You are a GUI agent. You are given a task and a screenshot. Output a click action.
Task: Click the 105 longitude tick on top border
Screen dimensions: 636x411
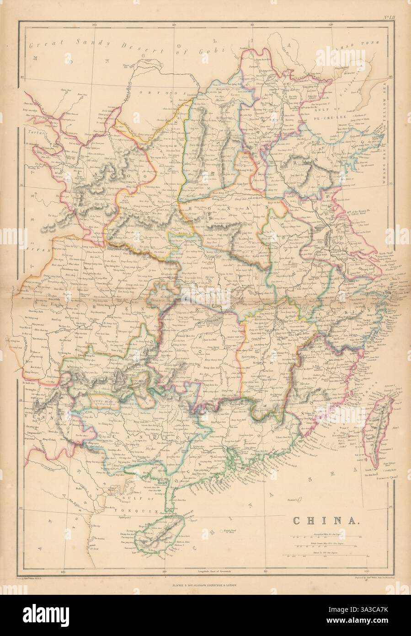tap(95, 25)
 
